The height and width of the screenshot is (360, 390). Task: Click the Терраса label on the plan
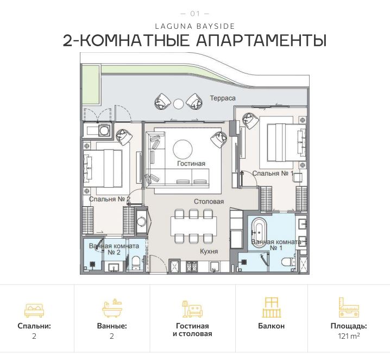pos(223,98)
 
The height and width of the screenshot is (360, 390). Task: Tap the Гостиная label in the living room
pos(191,163)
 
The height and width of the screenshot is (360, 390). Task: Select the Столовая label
pos(209,201)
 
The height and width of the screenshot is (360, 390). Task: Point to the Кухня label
pos(209,251)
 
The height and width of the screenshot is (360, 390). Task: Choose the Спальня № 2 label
pos(109,199)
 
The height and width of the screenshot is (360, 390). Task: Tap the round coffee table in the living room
pos(183,148)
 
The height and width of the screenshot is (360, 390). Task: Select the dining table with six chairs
pos(192,226)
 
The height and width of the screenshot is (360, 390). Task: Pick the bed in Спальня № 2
pos(103,166)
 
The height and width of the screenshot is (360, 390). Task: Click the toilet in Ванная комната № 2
pos(135,264)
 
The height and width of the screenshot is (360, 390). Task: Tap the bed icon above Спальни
pos(34,309)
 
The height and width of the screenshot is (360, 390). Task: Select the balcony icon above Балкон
pos(271,307)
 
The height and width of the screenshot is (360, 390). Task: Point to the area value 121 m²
pos(348,337)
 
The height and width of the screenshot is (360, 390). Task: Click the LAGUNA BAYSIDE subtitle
pos(194,25)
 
